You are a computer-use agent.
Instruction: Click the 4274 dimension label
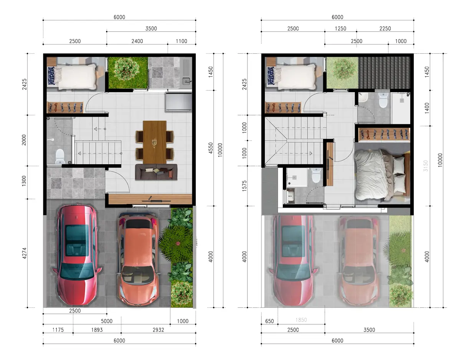pyautogui.click(x=24, y=253)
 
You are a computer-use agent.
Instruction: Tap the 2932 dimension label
pyautogui.click(x=158, y=330)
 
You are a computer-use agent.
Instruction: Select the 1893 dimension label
pyautogui.click(x=97, y=330)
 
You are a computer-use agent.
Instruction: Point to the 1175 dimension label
pyautogui.click(x=58, y=330)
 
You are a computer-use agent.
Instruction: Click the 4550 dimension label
pyautogui.click(x=211, y=148)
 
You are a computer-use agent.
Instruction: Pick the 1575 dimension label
pyautogui.click(x=244, y=186)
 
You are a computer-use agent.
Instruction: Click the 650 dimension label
pyautogui.click(x=269, y=321)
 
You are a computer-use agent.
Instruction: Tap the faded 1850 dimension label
pyautogui.click(x=301, y=320)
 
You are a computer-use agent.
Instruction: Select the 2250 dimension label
pyautogui.click(x=385, y=28)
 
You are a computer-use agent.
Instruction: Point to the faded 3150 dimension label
pyautogui.click(x=426, y=166)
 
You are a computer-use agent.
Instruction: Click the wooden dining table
pyautogui.click(x=155, y=142)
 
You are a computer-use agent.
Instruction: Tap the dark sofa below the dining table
pyautogui.click(x=156, y=172)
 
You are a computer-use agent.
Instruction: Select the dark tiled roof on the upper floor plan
pyautogui.click(x=384, y=73)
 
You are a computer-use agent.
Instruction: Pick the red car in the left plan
pyautogui.click(x=77, y=255)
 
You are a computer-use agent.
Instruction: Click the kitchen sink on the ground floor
pyautogui.click(x=186, y=81)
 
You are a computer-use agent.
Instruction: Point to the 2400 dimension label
pyautogui.click(x=137, y=41)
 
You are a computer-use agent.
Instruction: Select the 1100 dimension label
pyautogui.click(x=182, y=41)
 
